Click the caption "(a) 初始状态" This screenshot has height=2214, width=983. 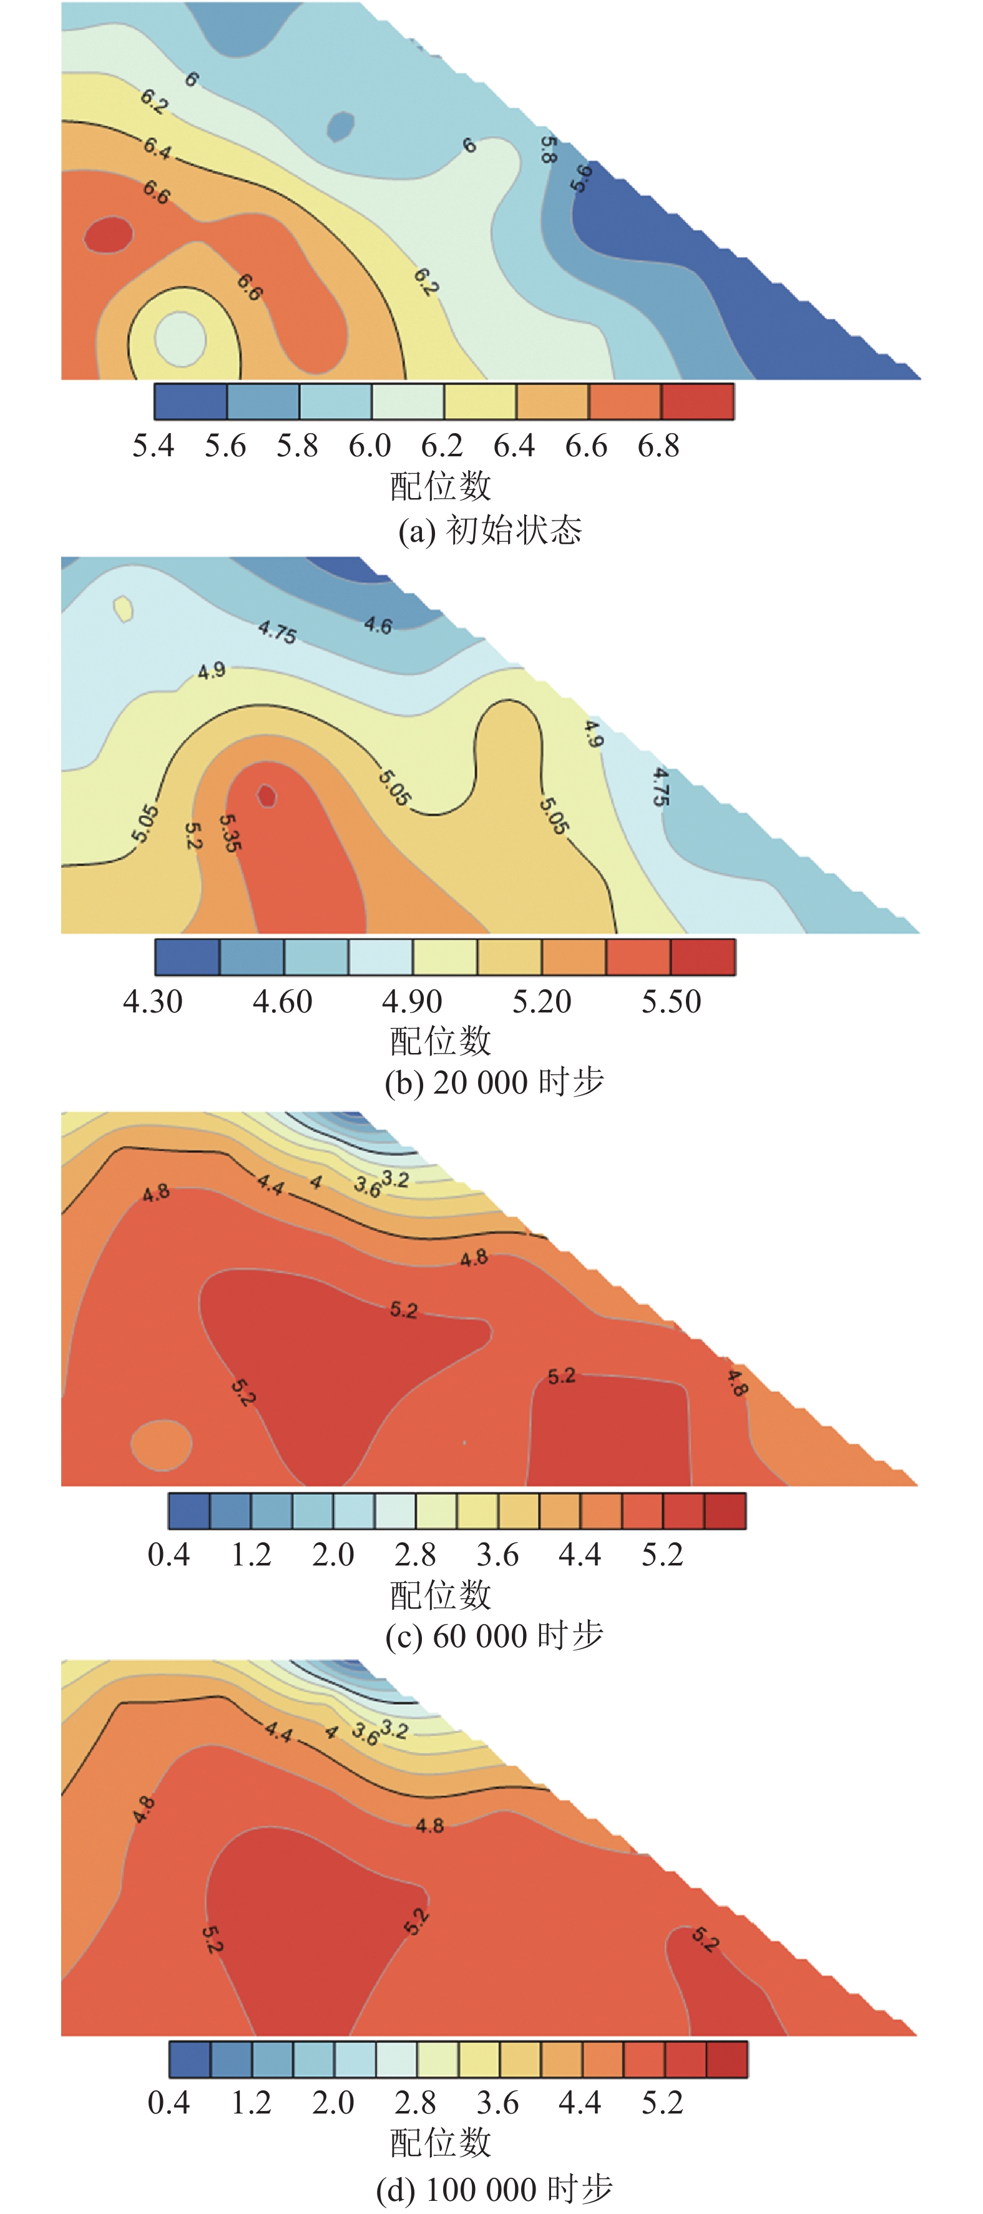pyautogui.click(x=490, y=531)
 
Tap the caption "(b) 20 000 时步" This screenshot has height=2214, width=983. pyautogui.click(x=494, y=1082)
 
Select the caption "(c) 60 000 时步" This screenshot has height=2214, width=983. pyautogui.click(x=494, y=1635)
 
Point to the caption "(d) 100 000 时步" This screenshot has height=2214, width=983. pyautogui.click(x=494, y=2189)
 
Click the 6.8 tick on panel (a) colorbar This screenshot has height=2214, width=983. pyautogui.click(x=658, y=446)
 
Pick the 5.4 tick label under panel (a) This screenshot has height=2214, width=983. pyautogui.click(x=153, y=446)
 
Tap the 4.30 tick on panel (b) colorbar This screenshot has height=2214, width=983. pyautogui.click(x=153, y=1001)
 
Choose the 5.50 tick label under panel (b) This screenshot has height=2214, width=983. pyautogui.click(x=671, y=1001)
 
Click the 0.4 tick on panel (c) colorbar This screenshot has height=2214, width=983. pyautogui.click(x=169, y=1555)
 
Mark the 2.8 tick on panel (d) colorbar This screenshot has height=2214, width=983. pyautogui.click(x=415, y=2102)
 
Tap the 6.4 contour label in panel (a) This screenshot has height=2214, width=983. pyautogui.click(x=157, y=148)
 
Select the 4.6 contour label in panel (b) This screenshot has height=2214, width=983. pyautogui.click(x=378, y=625)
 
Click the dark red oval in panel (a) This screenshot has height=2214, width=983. pyautogui.click(x=108, y=235)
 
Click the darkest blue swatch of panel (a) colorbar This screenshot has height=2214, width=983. pyautogui.click(x=191, y=401)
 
